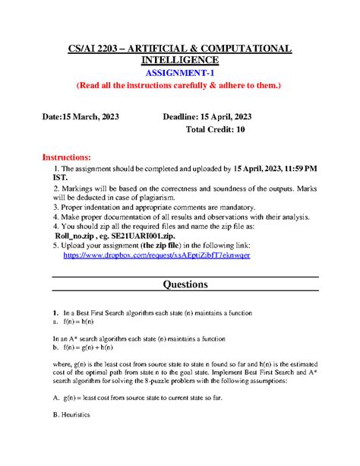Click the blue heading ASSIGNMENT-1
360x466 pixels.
pyautogui.click(x=179, y=73)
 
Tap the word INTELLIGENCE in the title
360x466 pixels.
pyautogui.click(x=179, y=60)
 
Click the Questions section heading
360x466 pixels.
pyautogui.click(x=179, y=285)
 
